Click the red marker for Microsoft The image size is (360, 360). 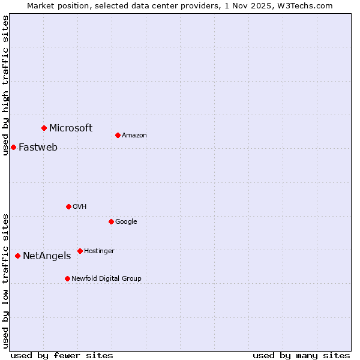point(44,128)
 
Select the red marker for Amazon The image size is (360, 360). point(118,135)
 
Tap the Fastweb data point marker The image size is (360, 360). point(13,147)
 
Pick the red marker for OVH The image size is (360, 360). point(68,206)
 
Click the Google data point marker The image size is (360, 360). point(111,221)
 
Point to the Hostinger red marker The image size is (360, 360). point(80,251)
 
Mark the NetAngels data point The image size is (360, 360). point(17,256)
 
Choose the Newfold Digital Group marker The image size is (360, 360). point(67,278)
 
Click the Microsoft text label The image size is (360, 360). point(71,128)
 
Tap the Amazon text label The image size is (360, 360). point(134,135)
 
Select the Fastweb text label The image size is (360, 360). point(38,147)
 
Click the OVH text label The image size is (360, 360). point(80,206)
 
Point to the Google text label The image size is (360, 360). point(126,221)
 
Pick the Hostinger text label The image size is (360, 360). point(99,251)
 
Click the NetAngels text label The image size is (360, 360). point(47,256)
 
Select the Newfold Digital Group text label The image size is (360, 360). point(106,278)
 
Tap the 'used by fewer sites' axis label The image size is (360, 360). point(62,355)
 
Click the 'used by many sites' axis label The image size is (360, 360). point(301,355)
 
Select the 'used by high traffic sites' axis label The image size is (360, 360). point(5,85)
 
